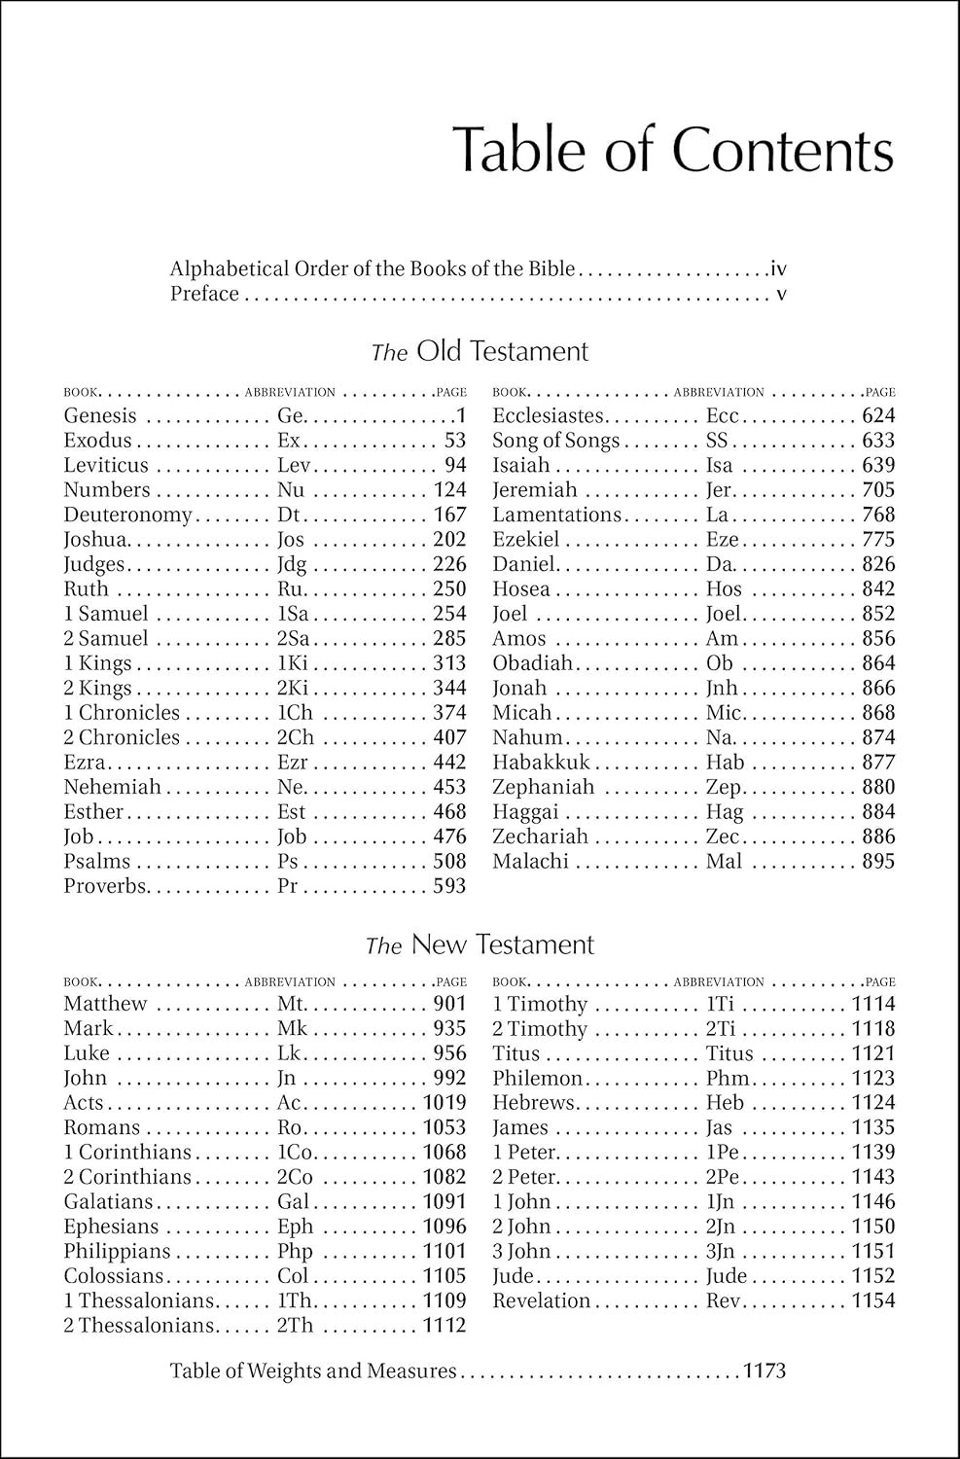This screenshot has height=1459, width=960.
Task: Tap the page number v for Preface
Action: [781, 294]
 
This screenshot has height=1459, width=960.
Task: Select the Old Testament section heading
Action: [480, 351]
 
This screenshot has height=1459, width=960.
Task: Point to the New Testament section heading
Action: [480, 944]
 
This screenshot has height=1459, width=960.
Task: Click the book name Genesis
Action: [100, 416]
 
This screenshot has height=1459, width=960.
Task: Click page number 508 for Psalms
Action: [449, 861]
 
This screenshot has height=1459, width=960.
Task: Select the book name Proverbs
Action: [106, 886]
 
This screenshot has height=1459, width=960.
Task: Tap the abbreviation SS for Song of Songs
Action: [717, 441]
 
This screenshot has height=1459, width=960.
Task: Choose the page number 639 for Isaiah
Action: [878, 466]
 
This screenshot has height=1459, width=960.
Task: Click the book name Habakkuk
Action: [541, 763]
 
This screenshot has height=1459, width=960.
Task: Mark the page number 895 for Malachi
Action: [878, 861]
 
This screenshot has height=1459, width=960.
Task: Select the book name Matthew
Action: [105, 1004]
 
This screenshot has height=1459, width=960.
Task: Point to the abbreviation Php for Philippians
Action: [295, 1252]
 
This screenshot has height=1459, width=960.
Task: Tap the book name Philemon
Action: [537, 1078]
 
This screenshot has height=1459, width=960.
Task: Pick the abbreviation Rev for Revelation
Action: [724, 1300]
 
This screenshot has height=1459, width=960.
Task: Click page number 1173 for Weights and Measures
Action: [764, 1371]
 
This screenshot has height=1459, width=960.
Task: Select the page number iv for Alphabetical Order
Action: [777, 268]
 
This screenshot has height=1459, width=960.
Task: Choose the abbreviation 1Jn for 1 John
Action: [721, 1202]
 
